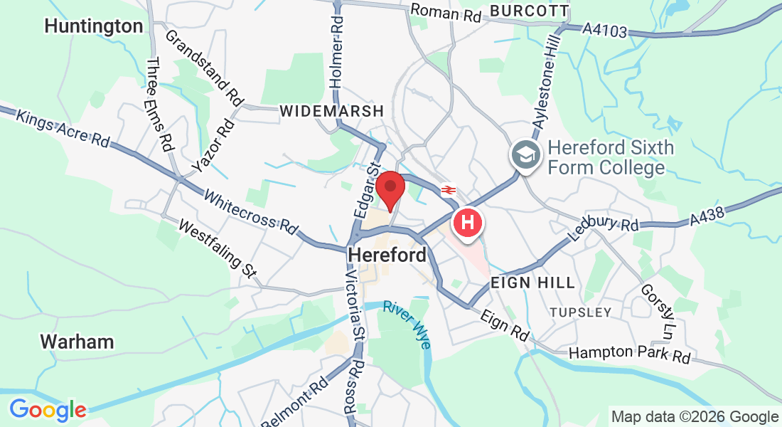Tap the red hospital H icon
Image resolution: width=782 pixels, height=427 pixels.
468,222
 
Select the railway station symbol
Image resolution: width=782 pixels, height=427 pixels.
448,190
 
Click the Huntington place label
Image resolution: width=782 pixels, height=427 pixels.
93,26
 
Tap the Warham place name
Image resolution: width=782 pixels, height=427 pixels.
77,342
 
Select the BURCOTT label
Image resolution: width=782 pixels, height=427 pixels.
530,11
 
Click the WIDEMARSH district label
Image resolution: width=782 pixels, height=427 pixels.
332,112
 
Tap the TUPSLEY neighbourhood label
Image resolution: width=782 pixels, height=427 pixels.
581,312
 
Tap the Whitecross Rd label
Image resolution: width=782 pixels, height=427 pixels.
250,211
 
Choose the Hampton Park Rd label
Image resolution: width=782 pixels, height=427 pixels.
630,354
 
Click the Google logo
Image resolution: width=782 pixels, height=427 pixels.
48,410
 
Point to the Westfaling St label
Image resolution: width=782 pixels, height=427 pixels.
217,249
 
